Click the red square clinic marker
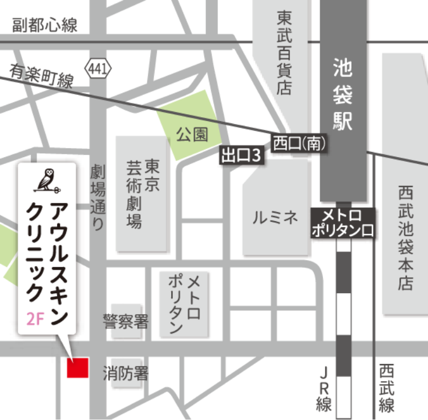click(x=77, y=367)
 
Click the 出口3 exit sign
click(x=242, y=155)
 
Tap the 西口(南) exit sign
click(x=299, y=143)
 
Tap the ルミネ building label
click(x=275, y=217)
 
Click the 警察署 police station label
click(x=126, y=322)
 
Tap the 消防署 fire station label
click(x=126, y=374)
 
